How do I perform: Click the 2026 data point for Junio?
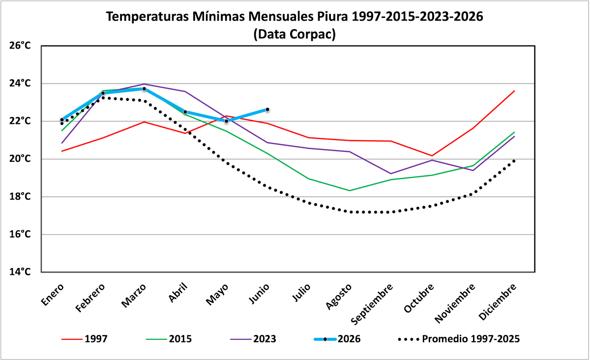pyautogui.click(x=267, y=109)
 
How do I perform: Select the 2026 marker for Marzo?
pyautogui.click(x=144, y=89)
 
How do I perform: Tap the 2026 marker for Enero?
pyautogui.click(x=62, y=120)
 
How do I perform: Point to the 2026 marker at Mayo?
pyautogui.click(x=226, y=121)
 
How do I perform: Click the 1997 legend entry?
pyautogui.click(x=85, y=339)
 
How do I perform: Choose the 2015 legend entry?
pyautogui.click(x=169, y=339)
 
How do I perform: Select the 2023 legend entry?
pyautogui.click(x=253, y=339)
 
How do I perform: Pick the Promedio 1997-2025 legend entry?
pyautogui.click(x=459, y=339)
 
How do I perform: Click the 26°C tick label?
pyautogui.click(x=20, y=46)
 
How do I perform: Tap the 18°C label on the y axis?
pyautogui.click(x=20, y=197)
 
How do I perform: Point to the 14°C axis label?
pyautogui.click(x=20, y=271)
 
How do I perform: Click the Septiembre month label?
pyautogui.click(x=372, y=304)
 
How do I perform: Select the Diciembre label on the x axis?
pyautogui.click(x=497, y=302)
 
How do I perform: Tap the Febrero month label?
pyautogui.click(x=90, y=298)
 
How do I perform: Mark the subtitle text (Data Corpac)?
pyautogui.click(x=295, y=34)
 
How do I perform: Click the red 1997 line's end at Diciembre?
pyautogui.click(x=514, y=91)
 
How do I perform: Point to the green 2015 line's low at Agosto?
pyautogui.click(x=350, y=190)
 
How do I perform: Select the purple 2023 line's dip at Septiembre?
pyautogui.click(x=390, y=174)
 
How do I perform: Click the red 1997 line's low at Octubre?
pyautogui.click(x=432, y=156)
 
